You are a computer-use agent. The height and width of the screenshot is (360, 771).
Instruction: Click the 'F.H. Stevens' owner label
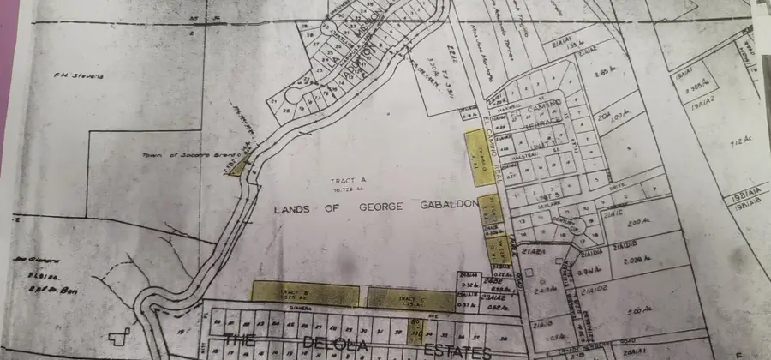[x=84, y=76]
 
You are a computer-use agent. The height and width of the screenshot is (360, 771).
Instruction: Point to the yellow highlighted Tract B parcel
[x=304, y=293]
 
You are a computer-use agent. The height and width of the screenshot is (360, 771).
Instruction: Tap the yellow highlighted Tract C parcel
[x=411, y=298]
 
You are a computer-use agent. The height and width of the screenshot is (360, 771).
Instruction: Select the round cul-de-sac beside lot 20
[x=291, y=96]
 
